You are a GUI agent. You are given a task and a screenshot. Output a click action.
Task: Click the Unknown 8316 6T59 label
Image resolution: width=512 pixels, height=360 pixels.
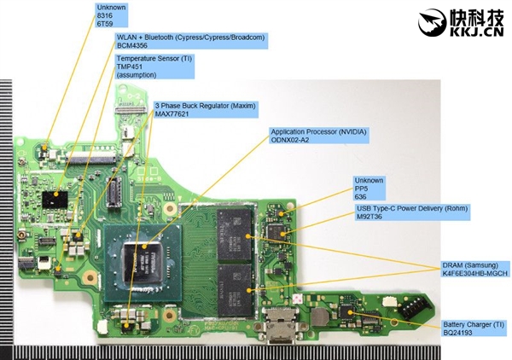tap(112, 15)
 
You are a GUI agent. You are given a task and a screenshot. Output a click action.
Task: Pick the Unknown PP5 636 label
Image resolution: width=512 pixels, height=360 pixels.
tap(369, 187)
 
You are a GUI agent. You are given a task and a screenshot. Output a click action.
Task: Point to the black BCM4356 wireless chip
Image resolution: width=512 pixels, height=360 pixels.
tap(58, 198)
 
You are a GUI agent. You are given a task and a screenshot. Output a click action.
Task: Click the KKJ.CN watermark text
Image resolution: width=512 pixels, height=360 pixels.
tap(464, 32)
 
